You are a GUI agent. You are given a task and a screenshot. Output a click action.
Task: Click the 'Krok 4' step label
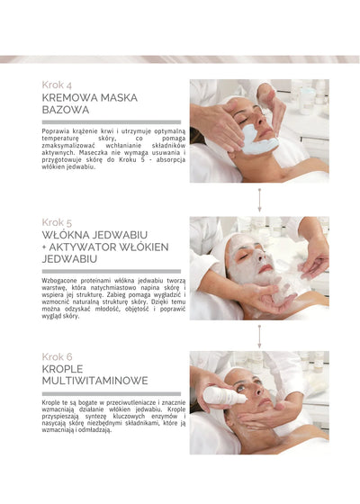pyautogui.click(x=58, y=85)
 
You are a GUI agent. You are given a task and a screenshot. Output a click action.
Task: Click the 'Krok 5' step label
pyautogui.click(x=58, y=221)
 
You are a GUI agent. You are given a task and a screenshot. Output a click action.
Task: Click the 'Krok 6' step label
pyautogui.click(x=58, y=356)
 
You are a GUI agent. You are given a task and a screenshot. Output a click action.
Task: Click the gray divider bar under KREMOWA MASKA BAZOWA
pyautogui.click(x=111, y=121)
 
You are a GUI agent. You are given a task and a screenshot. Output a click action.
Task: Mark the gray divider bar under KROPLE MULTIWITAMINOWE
pyautogui.click(x=111, y=393)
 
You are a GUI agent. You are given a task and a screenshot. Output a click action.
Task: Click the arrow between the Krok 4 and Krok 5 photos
pyautogui.click(x=259, y=200)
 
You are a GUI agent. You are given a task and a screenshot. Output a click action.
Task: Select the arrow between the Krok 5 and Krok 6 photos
pyautogui.click(x=259, y=337)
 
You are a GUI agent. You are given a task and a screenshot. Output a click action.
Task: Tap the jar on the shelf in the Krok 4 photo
pyautogui.click(x=306, y=95)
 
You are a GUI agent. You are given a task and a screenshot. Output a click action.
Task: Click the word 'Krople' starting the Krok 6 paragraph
pyautogui.click(x=51, y=401)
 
